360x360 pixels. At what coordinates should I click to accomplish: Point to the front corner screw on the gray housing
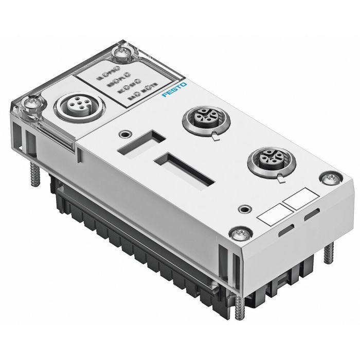pyautogui.click(x=237, y=235)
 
